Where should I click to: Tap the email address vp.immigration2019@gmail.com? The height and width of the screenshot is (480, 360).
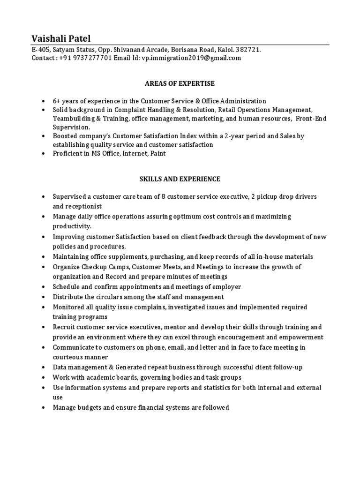(190, 58)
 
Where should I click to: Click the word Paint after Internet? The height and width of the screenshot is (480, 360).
(157, 153)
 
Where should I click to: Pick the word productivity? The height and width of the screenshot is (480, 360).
(72, 226)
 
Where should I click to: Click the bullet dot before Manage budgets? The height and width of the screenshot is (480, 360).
(43, 408)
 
